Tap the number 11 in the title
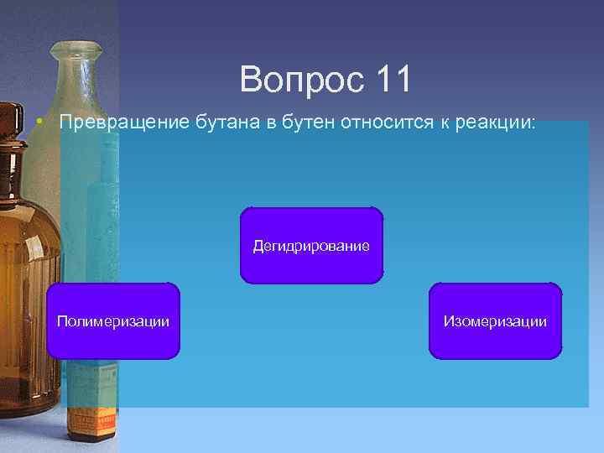pyautogui.click(x=393, y=80)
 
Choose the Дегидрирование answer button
pyautogui.click(x=311, y=245)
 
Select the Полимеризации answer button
pyautogui.click(x=113, y=321)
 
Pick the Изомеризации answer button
pyautogui.click(x=495, y=321)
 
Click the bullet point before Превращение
pyautogui.click(x=39, y=122)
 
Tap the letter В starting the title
pyautogui.click(x=250, y=80)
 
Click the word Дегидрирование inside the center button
pyautogui.click(x=311, y=246)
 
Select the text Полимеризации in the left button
pyautogui.click(x=113, y=321)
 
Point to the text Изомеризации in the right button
pyautogui.click(x=495, y=321)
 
